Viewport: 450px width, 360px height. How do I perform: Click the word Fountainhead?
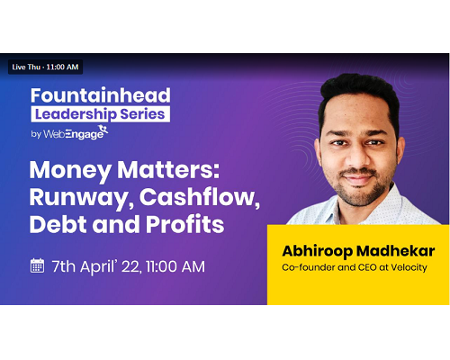(101, 95)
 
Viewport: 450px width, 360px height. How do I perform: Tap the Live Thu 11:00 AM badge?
(45, 67)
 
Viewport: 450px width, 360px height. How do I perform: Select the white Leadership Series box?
(101, 114)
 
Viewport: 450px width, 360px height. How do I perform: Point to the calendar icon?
(37, 265)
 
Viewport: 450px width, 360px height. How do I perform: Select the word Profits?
(184, 224)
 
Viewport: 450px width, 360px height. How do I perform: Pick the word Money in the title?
(70, 171)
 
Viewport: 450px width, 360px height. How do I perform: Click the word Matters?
(168, 170)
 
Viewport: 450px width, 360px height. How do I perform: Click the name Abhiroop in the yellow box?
(318, 251)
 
